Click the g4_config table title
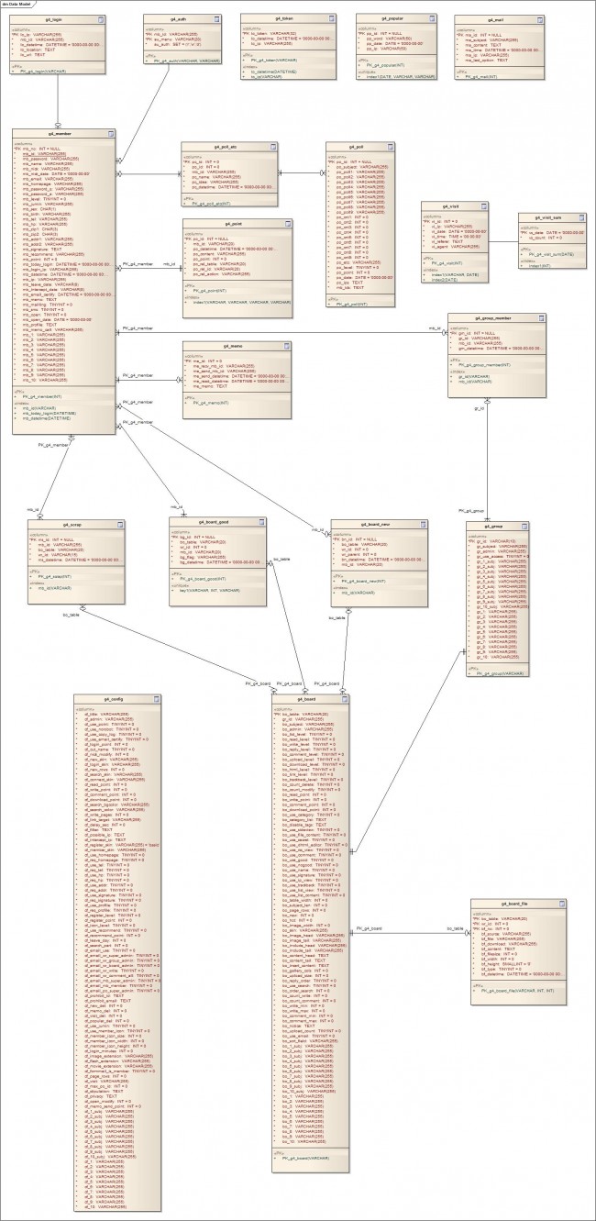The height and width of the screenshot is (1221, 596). (118, 698)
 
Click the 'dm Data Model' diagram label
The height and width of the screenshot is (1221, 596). (19, 4)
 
